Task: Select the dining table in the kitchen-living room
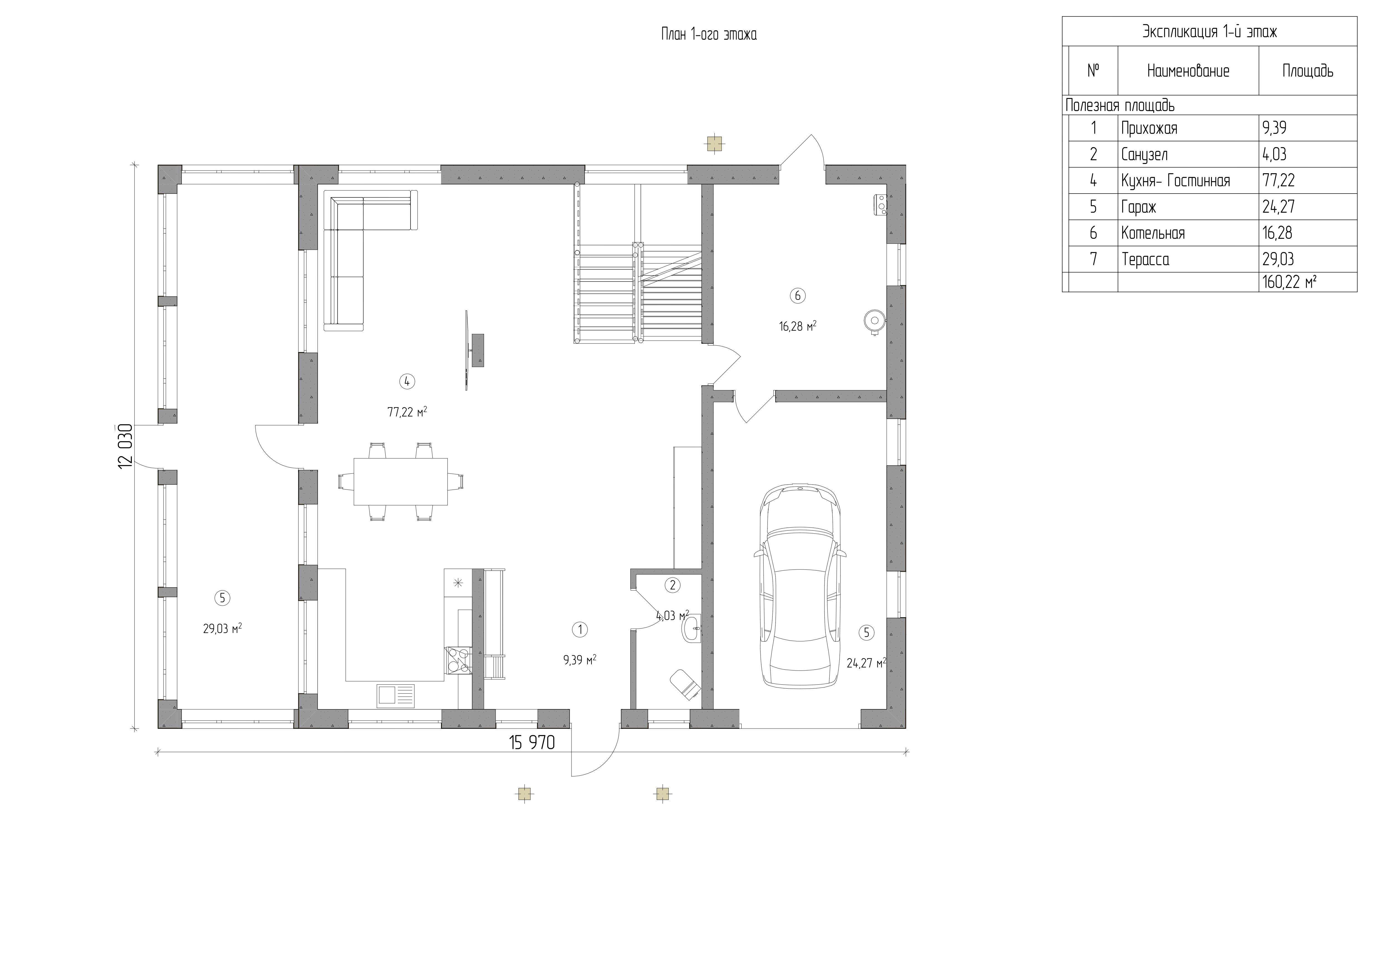[x=401, y=482]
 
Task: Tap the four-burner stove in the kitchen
[x=458, y=660]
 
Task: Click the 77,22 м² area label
[x=407, y=412]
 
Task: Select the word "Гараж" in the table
[x=1138, y=207]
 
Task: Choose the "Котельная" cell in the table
[x=1153, y=233]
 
